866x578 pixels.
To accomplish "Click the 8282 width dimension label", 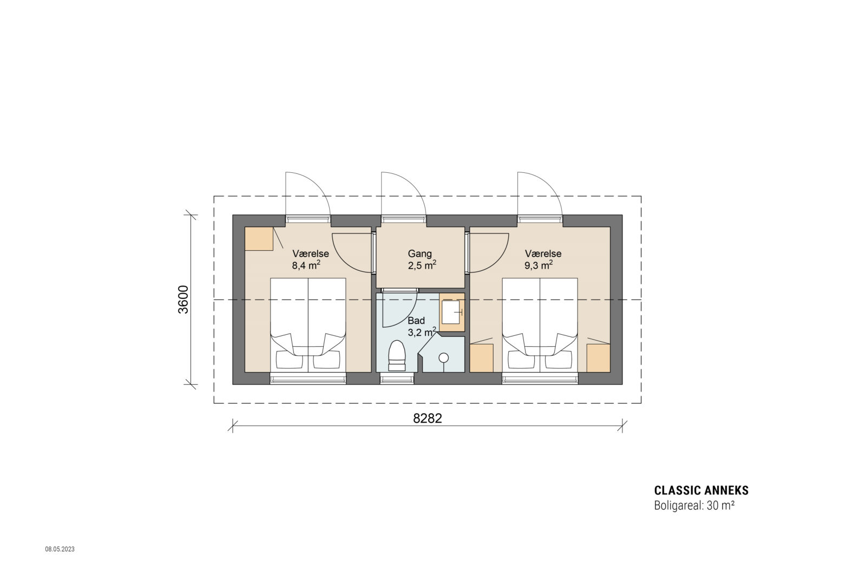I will coord(427,419).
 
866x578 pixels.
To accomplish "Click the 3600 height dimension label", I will coord(183,299).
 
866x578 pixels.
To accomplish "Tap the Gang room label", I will coord(419,254).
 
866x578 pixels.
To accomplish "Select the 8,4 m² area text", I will coord(306,265).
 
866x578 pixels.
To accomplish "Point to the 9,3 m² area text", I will coord(539,265).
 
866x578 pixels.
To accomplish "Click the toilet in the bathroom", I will coord(397,356).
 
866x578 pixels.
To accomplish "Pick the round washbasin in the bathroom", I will coord(444,358).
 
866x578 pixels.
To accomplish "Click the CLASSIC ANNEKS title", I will coord(701,491).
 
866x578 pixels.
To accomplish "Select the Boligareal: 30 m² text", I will coord(694,506).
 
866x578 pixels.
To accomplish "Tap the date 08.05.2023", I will coord(60,549).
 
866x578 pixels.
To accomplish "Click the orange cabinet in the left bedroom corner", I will coord(258,239).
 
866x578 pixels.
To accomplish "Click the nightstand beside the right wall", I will coord(598,358).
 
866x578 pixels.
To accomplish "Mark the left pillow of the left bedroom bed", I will coord(289,360).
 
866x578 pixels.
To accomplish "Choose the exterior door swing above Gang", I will coord(403,195).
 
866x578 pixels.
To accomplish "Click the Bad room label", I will coord(416,321).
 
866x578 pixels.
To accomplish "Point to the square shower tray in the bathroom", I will coord(451,312).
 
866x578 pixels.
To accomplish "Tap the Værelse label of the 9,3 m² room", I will coord(543,254).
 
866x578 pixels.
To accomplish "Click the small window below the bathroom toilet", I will coord(397,379).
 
